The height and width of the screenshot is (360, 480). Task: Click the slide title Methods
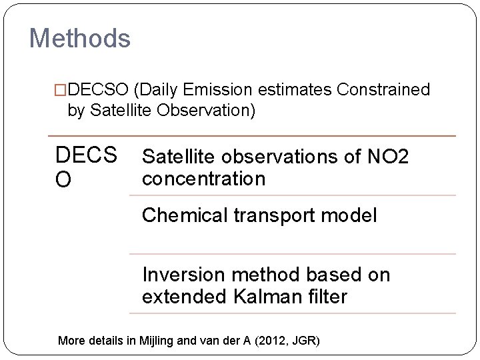80,39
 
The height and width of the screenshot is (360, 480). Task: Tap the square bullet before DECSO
61,89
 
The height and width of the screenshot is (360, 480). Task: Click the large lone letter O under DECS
65,181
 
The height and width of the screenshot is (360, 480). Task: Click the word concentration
203,179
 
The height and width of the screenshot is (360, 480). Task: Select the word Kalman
267,297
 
